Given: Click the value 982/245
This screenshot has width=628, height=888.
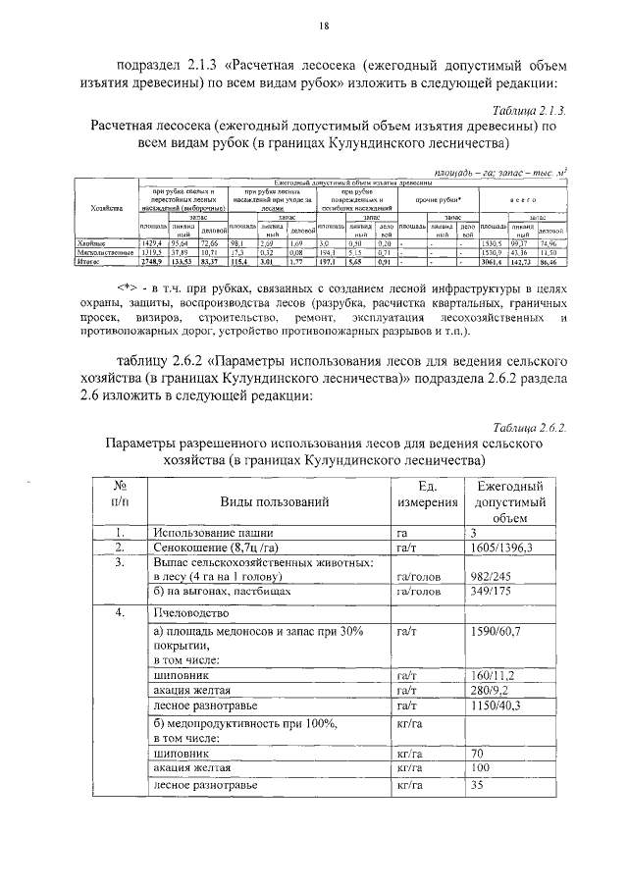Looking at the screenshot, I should [x=494, y=579].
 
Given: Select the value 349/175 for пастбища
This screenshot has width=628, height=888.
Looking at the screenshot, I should [x=494, y=595].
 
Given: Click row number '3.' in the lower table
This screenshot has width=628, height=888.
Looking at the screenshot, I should [x=117, y=563].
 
